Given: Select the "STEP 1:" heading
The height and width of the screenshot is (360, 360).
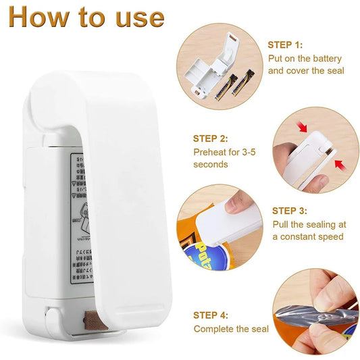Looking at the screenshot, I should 285,45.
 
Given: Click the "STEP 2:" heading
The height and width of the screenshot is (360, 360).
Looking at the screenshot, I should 211,138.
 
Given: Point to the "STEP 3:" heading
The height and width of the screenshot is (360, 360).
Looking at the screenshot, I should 290,211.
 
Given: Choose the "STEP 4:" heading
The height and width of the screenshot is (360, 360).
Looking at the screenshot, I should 211,315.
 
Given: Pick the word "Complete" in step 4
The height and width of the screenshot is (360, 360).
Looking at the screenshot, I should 213,329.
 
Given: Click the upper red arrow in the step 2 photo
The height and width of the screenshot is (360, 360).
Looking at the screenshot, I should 283,128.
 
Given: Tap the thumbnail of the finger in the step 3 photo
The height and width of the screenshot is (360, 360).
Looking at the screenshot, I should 233,201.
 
